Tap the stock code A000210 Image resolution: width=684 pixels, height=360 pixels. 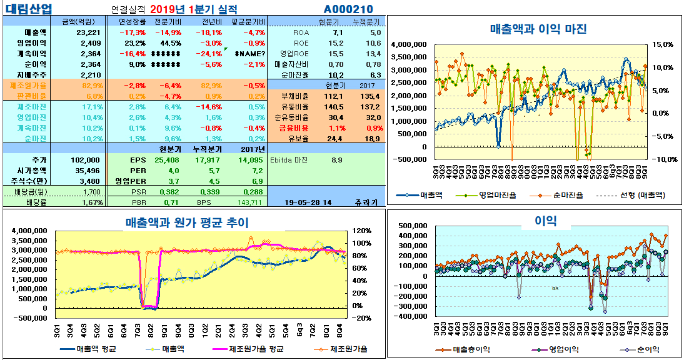pos(348,9)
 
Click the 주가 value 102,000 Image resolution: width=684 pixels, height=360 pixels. pos(86,159)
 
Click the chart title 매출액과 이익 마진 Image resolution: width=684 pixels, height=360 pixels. pos(538,29)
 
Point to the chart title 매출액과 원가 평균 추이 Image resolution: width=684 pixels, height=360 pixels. pos(187,222)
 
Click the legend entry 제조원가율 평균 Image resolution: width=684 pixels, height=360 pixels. pos(258,349)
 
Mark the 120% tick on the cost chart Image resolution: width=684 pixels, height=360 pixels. pos(362,231)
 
